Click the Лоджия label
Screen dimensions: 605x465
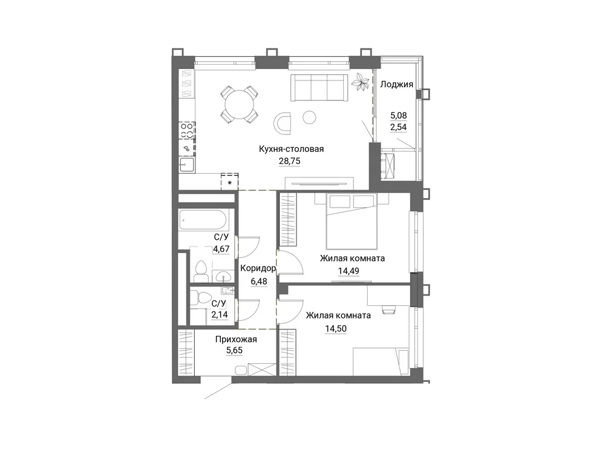[x=397, y=85]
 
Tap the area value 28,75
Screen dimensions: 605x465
[x=289, y=161]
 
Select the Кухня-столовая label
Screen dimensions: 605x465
[x=292, y=149]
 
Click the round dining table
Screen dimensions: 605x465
[x=240, y=104]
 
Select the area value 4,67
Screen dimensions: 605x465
[x=221, y=249]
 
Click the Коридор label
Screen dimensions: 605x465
[x=258, y=268]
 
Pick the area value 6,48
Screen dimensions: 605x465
[x=259, y=282]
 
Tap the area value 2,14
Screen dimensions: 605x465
[x=219, y=315]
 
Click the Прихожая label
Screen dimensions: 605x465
[x=236, y=340]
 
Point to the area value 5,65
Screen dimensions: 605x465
[x=234, y=351]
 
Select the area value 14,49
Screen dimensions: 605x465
[x=348, y=271]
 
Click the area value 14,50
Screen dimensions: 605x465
[x=336, y=329]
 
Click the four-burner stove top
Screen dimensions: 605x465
[x=187, y=130]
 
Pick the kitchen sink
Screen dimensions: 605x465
[x=187, y=165]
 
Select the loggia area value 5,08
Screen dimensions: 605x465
[x=399, y=116]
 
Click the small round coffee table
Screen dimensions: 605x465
[x=309, y=117]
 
